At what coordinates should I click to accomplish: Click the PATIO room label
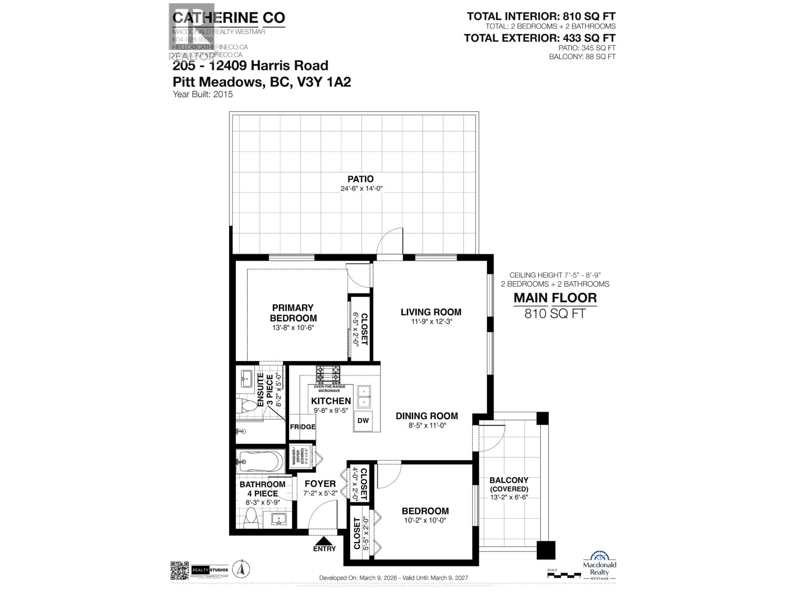pyautogui.click(x=361, y=179)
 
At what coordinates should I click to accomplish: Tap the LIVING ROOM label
pyautogui.click(x=430, y=312)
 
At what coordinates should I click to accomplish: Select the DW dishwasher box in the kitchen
pyautogui.click(x=363, y=421)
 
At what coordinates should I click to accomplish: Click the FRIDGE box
pyautogui.click(x=302, y=427)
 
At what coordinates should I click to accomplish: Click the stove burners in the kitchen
pyautogui.click(x=328, y=374)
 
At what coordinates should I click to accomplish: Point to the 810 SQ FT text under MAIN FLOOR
pyautogui.click(x=555, y=313)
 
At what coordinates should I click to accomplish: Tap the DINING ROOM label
pyautogui.click(x=427, y=416)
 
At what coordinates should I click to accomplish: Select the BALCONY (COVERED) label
pyautogui.click(x=509, y=484)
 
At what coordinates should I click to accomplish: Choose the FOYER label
pyautogui.click(x=320, y=484)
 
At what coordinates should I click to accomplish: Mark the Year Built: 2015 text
pyautogui.click(x=202, y=94)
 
